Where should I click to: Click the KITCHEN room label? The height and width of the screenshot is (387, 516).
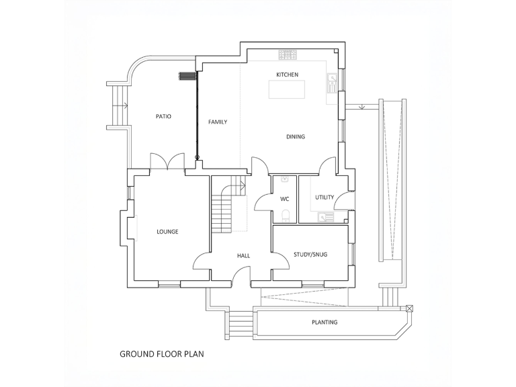coord(287,74)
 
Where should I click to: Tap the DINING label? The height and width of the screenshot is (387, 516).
coord(296,136)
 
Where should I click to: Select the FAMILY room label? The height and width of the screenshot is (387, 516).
coord(218,122)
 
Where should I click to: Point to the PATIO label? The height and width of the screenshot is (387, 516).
coord(163,116)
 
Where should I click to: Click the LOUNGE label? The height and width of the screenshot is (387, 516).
coord(167,232)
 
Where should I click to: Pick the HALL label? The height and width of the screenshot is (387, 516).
coord(243,256)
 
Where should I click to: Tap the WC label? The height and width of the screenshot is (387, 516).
coord(284,199)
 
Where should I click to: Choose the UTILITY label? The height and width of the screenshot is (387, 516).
coord(325,197)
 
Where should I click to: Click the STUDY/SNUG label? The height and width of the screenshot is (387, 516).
coord(310,254)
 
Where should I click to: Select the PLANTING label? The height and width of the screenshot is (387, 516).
coord(325,322)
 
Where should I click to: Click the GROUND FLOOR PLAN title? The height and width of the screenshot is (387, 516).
coord(161,353)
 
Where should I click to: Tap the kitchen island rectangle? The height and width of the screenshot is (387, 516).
coord(286,89)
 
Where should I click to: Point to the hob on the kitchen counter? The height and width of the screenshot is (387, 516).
coord(288,53)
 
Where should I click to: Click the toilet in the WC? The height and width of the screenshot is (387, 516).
coord(286,215)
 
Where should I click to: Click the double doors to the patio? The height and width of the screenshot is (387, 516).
coord(167,162)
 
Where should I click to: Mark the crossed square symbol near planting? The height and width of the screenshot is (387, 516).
coord(410,308)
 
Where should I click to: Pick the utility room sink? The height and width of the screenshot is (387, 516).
coord(326,216)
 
